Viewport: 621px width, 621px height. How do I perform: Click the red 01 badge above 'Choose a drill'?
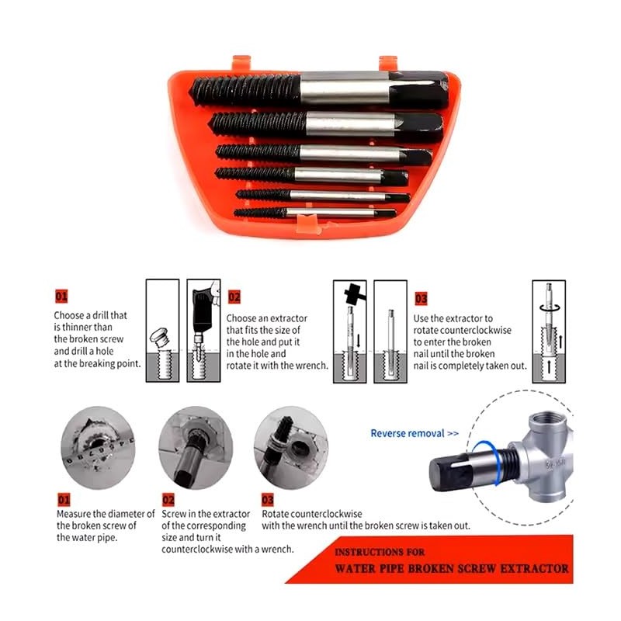61,297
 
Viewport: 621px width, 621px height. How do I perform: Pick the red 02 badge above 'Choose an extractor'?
234,297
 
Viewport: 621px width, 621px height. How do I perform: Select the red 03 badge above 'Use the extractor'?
421,298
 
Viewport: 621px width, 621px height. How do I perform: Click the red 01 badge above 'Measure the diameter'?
62,499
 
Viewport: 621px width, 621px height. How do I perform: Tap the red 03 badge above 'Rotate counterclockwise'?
268,499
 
